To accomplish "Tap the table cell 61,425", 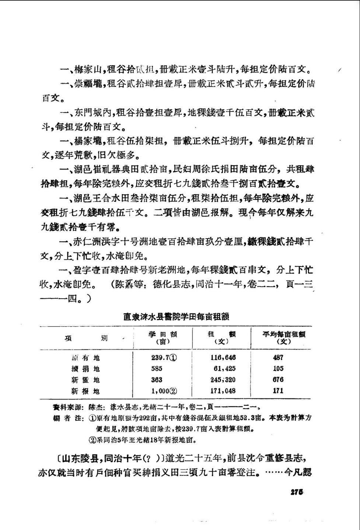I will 224,368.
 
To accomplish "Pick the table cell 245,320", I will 223,380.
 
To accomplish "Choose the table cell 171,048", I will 223,391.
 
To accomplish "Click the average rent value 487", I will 278,357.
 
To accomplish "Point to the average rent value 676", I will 278,380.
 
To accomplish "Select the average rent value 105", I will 278,368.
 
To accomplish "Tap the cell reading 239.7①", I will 164,357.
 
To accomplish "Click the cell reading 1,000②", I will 164,391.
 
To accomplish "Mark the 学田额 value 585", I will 157,368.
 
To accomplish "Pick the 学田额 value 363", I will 157,380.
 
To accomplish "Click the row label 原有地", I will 85,358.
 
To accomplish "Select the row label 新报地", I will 85,391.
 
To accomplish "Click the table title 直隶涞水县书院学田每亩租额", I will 176,316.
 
